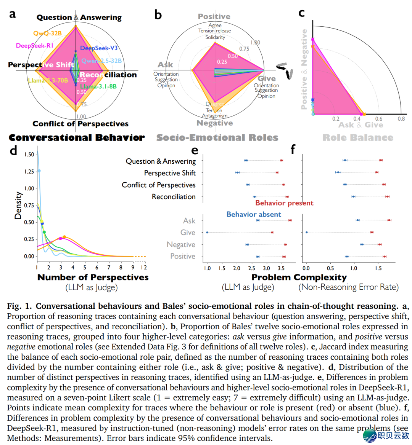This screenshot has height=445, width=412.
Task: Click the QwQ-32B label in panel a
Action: pos(47,33)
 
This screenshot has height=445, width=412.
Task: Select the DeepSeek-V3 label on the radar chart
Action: pos(99,48)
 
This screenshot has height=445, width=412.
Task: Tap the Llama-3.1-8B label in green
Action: pos(98,86)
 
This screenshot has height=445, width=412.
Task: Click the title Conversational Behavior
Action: pos(77,138)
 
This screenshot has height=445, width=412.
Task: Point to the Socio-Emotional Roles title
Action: pos(217,138)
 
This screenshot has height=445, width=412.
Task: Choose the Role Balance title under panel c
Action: pos(357,138)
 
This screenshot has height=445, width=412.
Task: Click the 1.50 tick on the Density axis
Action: pos(29,155)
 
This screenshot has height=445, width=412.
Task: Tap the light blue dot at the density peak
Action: pos(39,171)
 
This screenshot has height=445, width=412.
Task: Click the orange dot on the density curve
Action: pos(64,237)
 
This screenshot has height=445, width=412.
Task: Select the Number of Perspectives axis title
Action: pos(93,278)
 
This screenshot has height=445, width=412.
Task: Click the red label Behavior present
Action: pos(284,203)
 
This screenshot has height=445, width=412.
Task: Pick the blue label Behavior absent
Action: pos(254,214)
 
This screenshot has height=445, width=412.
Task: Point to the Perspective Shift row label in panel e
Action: pos(170,173)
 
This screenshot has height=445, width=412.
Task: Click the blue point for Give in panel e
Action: pos(207,232)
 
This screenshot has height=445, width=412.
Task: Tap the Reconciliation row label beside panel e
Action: pos(174,197)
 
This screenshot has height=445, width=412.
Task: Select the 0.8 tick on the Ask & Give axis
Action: pos(401,119)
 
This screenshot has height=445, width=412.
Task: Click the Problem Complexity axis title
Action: pos(299,278)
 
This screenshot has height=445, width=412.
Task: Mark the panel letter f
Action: pos(293,149)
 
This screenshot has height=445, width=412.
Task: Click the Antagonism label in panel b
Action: pos(215,116)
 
